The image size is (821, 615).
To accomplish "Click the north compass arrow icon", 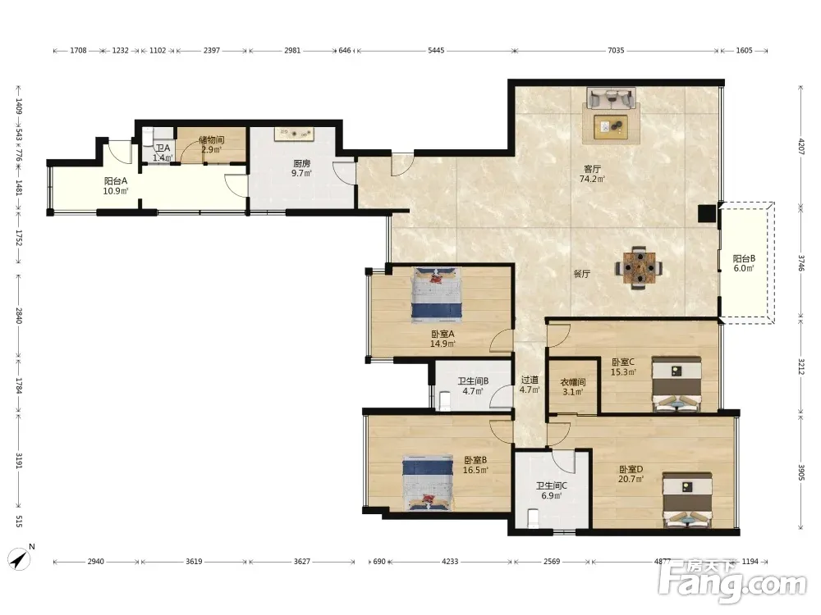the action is click(x=20, y=559).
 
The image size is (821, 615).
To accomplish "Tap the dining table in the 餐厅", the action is click(x=639, y=268).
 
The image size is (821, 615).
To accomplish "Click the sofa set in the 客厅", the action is click(x=611, y=116).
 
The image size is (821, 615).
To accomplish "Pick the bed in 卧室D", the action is click(x=687, y=500).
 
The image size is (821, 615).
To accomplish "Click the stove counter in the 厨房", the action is click(x=294, y=134).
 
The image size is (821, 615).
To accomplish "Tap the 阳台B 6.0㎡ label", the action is click(x=744, y=263).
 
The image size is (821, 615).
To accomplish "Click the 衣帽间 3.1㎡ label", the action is click(x=573, y=387).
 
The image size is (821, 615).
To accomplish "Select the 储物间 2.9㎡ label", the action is click(x=212, y=145).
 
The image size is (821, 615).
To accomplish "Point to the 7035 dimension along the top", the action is click(x=616, y=50).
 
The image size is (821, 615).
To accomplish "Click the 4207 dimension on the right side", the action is click(x=801, y=145).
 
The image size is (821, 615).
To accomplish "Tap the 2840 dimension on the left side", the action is click(x=19, y=316).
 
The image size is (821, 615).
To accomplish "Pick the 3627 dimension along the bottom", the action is click(x=301, y=561).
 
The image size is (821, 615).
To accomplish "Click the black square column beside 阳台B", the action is click(x=707, y=213).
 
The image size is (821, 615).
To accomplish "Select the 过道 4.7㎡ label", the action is click(x=530, y=385).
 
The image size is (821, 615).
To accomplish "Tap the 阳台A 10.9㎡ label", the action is click(x=116, y=185).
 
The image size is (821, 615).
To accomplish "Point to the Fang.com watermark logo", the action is click(x=733, y=581).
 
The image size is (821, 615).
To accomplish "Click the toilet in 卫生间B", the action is click(x=446, y=401).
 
